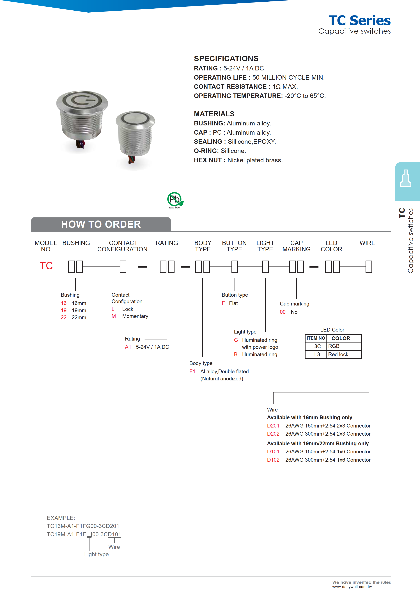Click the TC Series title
(x=359, y=21)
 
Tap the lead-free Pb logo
(x=175, y=200)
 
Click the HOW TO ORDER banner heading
(x=101, y=224)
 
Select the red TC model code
(x=46, y=266)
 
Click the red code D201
(x=273, y=426)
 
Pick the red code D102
(x=273, y=460)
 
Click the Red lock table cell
(x=338, y=354)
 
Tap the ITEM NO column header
(x=316, y=338)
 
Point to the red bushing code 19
(x=64, y=310)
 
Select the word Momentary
(x=135, y=316)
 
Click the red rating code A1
(x=128, y=347)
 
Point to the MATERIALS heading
(x=214, y=114)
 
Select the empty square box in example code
(x=89, y=534)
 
